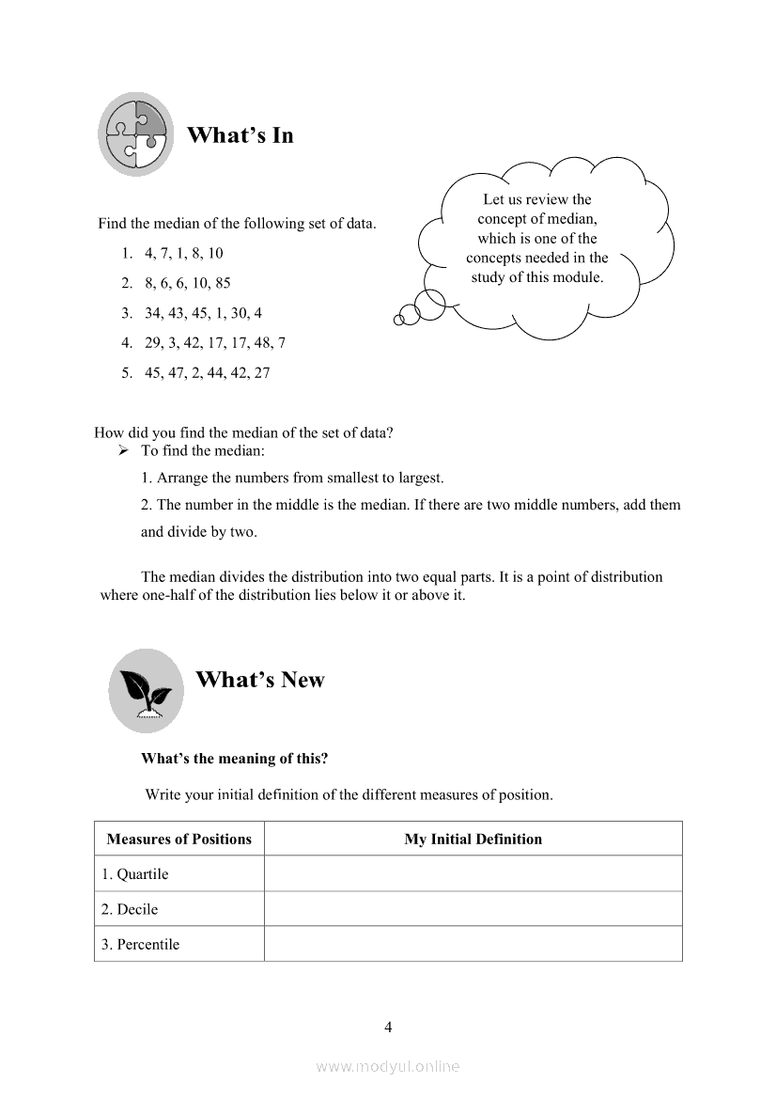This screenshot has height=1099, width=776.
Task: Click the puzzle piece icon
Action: (x=136, y=134)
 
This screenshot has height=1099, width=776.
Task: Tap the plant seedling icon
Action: (x=146, y=691)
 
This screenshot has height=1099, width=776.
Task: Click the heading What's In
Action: (x=240, y=135)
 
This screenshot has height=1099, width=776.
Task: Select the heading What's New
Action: (x=259, y=680)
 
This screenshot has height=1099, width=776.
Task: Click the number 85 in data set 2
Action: (x=222, y=283)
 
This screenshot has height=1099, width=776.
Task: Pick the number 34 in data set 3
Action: (x=153, y=313)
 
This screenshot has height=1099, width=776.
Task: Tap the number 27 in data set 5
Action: (x=261, y=372)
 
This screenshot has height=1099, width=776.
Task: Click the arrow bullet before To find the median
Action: (x=123, y=451)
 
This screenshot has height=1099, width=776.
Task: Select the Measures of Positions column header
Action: (x=179, y=839)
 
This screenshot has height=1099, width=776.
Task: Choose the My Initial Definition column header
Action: (x=473, y=839)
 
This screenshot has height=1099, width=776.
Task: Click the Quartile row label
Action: (x=135, y=874)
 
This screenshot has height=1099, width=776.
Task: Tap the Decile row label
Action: (x=130, y=909)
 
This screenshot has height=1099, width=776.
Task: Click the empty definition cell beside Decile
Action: (x=473, y=909)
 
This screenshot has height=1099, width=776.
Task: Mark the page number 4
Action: (x=388, y=1027)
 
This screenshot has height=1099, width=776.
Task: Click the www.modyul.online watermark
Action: (x=388, y=1066)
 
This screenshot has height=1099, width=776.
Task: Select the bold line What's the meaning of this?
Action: (x=235, y=758)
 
